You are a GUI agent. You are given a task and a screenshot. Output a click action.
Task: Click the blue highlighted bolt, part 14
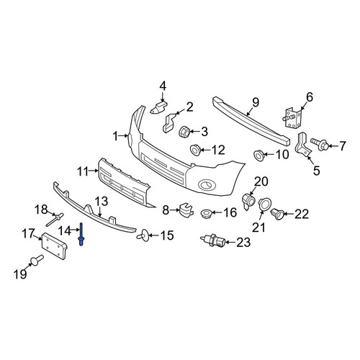(x=81, y=234)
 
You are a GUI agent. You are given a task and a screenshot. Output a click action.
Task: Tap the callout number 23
(x=243, y=243)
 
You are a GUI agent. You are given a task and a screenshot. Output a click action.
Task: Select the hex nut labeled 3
(x=185, y=131)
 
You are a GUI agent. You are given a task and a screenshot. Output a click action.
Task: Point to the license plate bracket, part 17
(x=54, y=245)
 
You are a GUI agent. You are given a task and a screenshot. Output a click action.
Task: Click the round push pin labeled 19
(x=37, y=260)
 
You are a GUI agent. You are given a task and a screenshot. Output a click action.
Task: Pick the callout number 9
(x=256, y=102)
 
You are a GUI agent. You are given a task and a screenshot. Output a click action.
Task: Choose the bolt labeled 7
(x=319, y=144)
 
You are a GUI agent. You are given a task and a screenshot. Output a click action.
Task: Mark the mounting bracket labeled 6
(x=292, y=119)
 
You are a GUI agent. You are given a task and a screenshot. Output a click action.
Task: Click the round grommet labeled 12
(x=195, y=150)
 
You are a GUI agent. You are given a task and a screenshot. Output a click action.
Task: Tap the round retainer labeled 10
(x=259, y=155)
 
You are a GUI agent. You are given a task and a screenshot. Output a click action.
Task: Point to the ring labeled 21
(x=264, y=204)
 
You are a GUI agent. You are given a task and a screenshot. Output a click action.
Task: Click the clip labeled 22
(x=277, y=214)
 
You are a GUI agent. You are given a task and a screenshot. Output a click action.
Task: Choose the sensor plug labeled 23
(x=212, y=240)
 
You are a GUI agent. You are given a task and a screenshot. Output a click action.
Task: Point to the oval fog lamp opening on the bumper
(x=207, y=185)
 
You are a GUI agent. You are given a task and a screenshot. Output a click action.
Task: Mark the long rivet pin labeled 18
(x=55, y=220)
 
